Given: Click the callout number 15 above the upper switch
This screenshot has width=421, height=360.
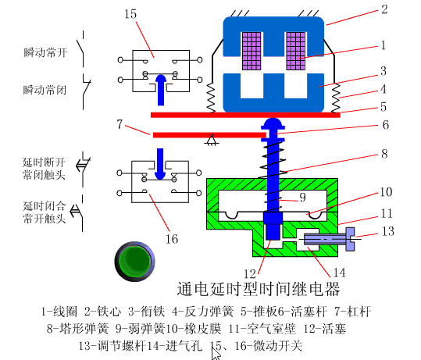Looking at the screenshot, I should coord(130,15).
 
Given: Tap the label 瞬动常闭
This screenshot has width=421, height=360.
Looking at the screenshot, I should coord(45,90).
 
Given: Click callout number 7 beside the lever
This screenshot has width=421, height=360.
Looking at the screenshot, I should coord(118,124).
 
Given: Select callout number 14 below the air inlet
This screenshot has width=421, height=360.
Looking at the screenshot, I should coord(338,273).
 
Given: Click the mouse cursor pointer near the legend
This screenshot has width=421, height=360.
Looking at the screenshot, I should coord(217,351).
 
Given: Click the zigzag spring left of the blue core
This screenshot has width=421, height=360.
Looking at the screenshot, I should coord(212,98).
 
